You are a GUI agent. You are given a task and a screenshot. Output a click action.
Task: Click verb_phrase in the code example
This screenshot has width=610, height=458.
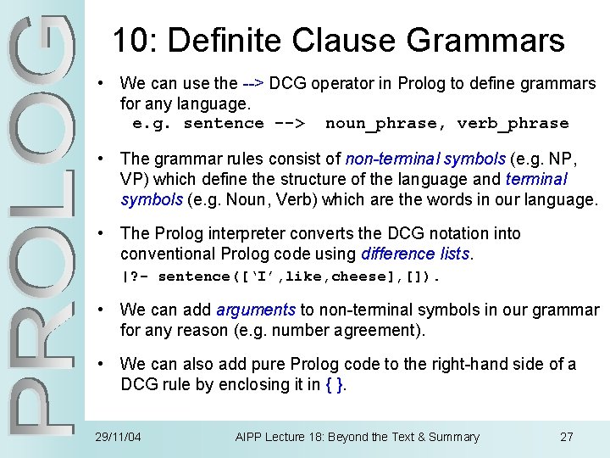(513, 124)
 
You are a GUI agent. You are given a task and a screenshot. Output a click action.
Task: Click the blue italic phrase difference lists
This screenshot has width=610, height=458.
(415, 254)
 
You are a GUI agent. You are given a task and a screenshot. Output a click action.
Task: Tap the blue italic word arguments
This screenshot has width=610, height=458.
(255, 310)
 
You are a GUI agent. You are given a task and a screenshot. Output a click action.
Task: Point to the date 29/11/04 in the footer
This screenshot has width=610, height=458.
(119, 438)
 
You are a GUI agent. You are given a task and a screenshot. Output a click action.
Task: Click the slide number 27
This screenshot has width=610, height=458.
(567, 438)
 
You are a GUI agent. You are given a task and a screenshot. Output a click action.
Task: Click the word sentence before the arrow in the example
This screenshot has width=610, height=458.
(224, 124)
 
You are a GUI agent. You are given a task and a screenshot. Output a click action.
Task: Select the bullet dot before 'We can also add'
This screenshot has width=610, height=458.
(102, 365)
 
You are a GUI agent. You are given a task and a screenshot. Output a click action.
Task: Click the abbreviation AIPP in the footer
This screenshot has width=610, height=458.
(251, 438)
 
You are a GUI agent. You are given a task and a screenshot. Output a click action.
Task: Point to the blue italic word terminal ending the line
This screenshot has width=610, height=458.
(535, 179)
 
